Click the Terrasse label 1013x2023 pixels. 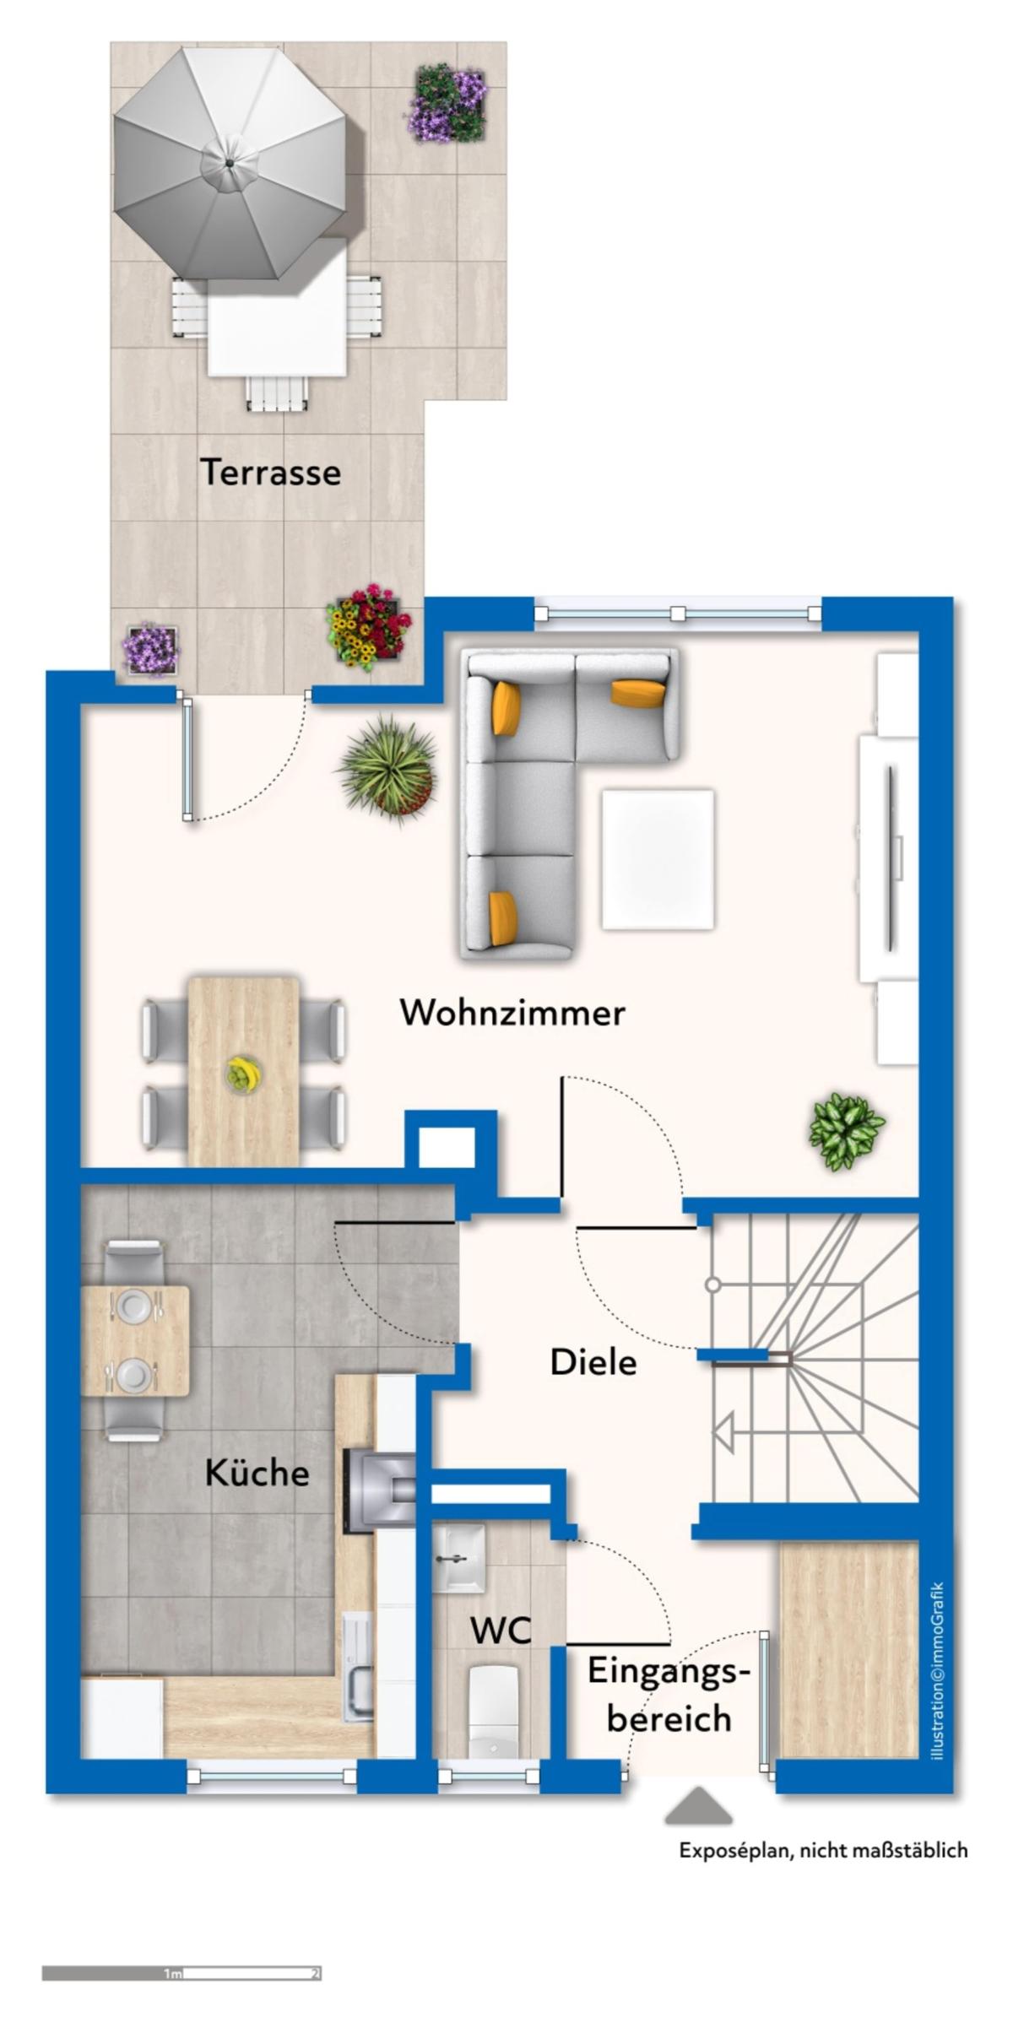[x=270, y=472]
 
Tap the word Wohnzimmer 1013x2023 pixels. [x=512, y=1012]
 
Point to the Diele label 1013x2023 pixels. [x=593, y=1361]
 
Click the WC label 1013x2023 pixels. [x=501, y=1630]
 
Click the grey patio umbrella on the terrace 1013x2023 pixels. [x=230, y=163]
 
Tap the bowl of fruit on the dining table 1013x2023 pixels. [x=243, y=1075]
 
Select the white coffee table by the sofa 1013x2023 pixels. [x=658, y=859]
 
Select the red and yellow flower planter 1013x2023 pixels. [x=369, y=627]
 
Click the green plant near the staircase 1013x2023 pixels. [x=847, y=1132]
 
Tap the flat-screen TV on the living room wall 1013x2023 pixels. [x=891, y=857]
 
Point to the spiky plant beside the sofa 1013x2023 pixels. [x=387, y=766]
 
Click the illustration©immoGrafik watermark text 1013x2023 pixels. [x=936, y=1670]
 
